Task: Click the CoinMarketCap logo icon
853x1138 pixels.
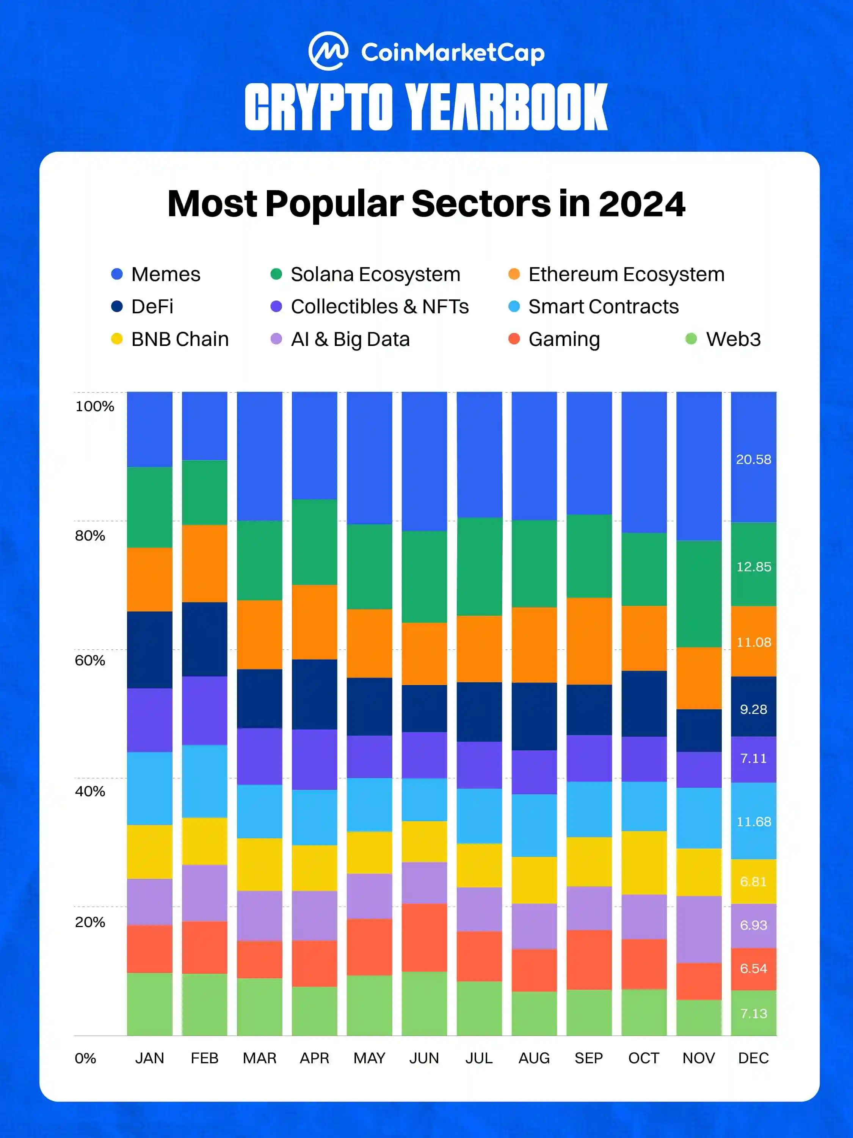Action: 328,52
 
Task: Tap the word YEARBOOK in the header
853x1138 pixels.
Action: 506,107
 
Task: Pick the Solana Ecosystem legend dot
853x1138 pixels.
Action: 276,274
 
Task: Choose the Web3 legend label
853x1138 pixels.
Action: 733,339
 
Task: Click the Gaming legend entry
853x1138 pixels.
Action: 563,339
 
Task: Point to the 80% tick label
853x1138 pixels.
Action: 90,536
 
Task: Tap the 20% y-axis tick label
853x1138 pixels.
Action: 90,922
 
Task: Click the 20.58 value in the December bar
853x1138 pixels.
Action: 753,459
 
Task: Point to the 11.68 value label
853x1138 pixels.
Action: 753,822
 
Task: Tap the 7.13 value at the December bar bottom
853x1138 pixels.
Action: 753,1014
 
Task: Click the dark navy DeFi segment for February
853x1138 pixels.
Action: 205,639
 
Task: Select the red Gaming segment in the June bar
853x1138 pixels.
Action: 424,937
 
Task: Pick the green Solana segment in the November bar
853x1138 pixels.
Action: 699,594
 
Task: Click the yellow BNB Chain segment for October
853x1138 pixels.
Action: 644,863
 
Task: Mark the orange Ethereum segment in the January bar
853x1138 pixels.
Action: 150,579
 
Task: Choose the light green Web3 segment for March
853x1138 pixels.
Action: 260,1007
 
